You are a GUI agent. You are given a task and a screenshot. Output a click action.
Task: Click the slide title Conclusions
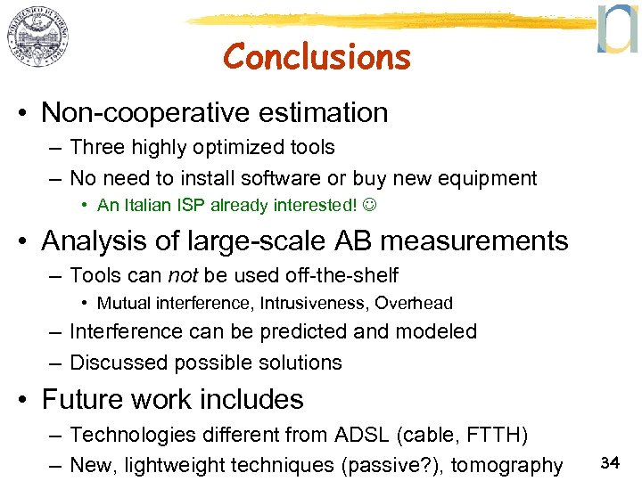(317, 57)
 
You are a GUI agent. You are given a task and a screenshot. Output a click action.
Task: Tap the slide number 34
(610, 462)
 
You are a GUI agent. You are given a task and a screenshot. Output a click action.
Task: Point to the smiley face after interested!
(368, 206)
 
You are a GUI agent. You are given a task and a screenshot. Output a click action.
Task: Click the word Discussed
(119, 363)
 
